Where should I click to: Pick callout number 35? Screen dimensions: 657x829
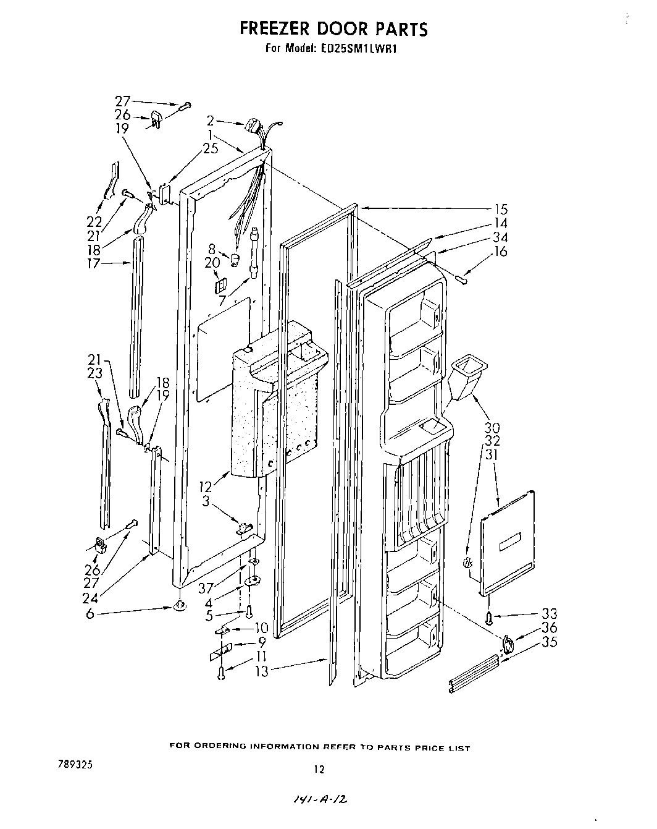point(548,642)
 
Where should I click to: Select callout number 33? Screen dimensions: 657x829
point(548,614)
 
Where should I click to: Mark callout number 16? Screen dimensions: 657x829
point(500,251)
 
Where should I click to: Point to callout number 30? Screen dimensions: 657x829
point(492,427)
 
